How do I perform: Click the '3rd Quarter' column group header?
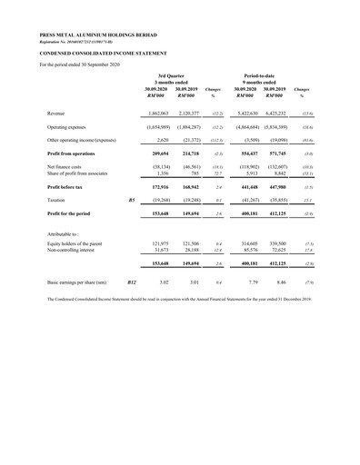[172, 74]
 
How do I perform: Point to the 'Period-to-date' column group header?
[268, 74]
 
